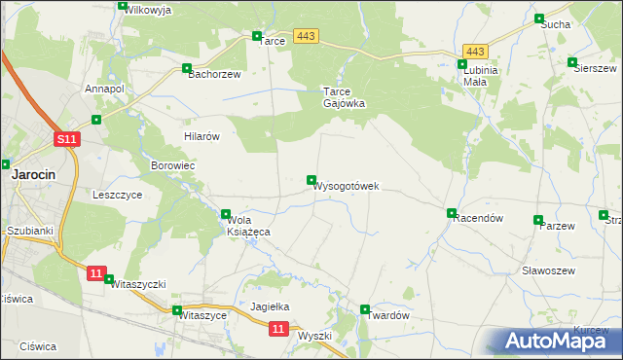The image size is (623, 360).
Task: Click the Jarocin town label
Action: (x=32, y=175)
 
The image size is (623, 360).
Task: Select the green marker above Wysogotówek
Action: (x=311, y=180)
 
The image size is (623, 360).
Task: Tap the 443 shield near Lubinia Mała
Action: (x=475, y=52)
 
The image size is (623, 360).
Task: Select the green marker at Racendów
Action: (x=452, y=213)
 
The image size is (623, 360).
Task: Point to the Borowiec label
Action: (x=173, y=166)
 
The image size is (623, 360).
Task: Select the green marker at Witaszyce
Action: (x=177, y=311)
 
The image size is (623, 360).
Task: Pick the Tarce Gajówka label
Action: (x=344, y=97)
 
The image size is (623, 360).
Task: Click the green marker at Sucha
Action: (x=539, y=18)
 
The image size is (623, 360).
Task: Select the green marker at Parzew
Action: (x=538, y=220)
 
